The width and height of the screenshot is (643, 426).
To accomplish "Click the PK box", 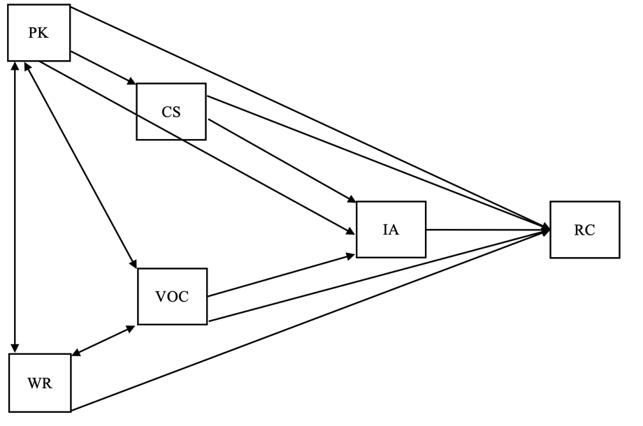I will point(38,33).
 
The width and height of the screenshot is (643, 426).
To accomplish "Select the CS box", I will point(171,112).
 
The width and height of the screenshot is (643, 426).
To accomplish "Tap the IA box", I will point(391,230).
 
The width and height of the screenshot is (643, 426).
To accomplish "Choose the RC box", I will point(584,230).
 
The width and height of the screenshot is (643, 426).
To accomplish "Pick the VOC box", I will point(172,296).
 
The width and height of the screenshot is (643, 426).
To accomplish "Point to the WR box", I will point(39,382).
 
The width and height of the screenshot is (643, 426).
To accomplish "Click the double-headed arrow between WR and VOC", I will point(103,340).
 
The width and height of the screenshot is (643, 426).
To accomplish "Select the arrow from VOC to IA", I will point(280,275).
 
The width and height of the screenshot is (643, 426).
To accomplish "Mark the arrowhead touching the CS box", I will point(131,82).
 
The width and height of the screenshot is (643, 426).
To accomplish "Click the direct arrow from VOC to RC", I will point(377,276).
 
